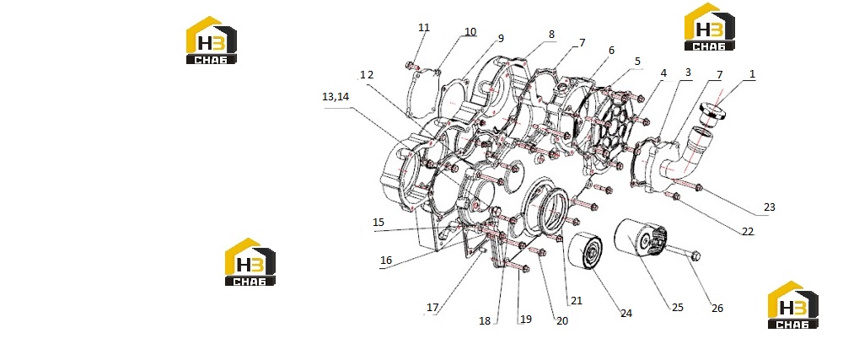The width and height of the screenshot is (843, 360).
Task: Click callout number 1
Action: (x=752, y=74)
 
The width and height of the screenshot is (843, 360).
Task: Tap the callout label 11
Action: (x=424, y=28)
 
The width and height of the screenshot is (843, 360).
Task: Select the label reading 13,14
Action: (x=336, y=97)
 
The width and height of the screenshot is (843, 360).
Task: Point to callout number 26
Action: (x=717, y=309)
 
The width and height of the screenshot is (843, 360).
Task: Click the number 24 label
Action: (x=626, y=314)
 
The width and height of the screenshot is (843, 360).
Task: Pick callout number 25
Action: (x=677, y=308)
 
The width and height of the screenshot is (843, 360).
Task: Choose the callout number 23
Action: (x=770, y=207)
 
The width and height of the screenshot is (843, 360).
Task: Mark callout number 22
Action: (x=748, y=232)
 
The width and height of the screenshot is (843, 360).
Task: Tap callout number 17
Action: (x=432, y=308)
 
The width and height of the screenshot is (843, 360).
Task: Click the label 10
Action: (x=470, y=32)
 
